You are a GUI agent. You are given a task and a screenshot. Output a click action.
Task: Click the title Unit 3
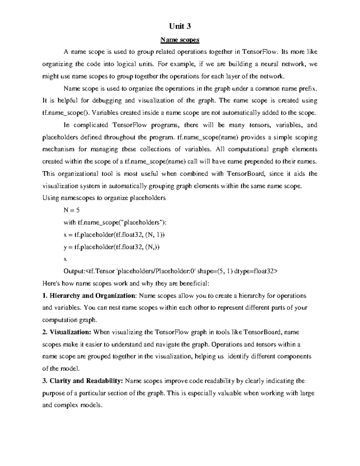coord(180,26)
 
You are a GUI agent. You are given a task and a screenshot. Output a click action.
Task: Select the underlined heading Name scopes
coord(180,40)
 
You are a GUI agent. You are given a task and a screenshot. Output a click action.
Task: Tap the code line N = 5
coord(71,210)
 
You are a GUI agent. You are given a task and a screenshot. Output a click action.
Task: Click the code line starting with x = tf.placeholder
coord(114,235)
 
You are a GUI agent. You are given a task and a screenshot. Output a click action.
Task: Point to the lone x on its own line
coord(65,259)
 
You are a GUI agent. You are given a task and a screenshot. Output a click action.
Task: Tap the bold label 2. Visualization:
coord(67,332)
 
